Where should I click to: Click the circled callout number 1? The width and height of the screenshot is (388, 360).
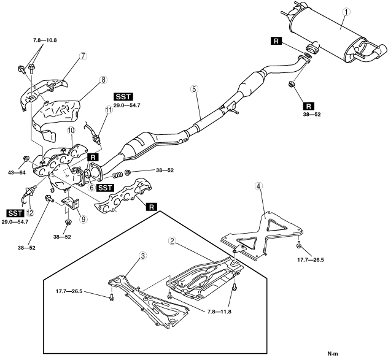pos(346,12)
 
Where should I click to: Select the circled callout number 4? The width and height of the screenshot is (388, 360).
pos(258,186)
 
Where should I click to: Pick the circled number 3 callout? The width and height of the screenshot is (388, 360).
pos(143,256)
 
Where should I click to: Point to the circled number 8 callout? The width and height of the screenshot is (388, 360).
pos(103,80)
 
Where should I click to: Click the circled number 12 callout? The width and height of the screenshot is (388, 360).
pos(30,213)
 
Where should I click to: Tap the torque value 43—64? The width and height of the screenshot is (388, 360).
pos(17,173)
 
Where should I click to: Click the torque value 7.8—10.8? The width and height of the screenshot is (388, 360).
pos(45,40)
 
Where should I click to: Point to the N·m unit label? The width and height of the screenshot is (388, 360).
pos(333,354)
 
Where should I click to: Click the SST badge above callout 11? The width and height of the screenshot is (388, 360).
pos(123,97)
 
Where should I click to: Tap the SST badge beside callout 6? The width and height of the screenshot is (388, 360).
pos(106,188)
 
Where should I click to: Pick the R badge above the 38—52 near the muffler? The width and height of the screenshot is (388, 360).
pos(309,106)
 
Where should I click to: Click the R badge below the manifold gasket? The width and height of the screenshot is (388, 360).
pos(152,207)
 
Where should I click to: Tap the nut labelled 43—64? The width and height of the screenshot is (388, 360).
pos(26,158)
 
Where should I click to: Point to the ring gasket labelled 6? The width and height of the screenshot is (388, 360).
pos(87,174)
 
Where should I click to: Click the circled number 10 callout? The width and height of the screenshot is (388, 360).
pos(71,130)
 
